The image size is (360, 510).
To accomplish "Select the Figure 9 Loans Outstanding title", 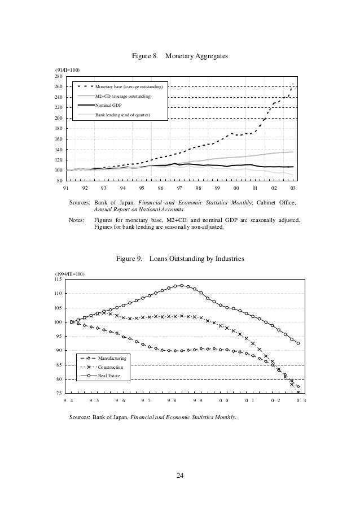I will pyautogui.click(x=180, y=259).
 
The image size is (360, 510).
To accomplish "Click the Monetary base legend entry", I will pyautogui.click(x=129, y=87).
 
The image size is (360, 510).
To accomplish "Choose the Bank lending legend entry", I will pyautogui.click(x=122, y=115).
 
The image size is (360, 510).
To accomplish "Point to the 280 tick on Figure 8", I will pyautogui.click(x=58, y=76).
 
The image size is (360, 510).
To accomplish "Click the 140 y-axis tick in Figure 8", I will pyautogui.click(x=58, y=150).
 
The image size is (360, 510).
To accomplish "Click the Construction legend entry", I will pyautogui.click(x=111, y=367).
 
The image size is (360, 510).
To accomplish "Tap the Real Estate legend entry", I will pyautogui.click(x=109, y=375).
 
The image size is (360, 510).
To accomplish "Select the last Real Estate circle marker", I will pyautogui.click(x=298, y=343).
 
